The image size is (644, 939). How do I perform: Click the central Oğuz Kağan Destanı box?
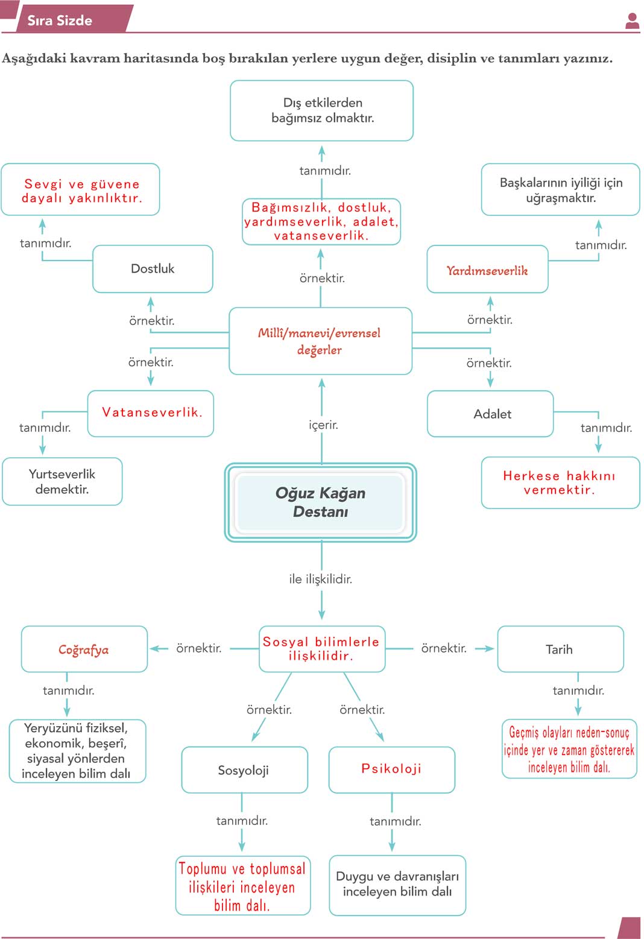(320, 502)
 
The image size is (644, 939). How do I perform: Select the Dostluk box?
(153, 269)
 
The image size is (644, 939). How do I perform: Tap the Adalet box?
(490, 414)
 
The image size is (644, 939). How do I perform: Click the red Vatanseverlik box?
(151, 413)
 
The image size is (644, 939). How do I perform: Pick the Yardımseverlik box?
(487, 270)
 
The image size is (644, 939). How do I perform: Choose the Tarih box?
(560, 650)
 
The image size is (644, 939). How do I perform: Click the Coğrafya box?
(84, 650)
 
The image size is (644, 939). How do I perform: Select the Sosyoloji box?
(244, 770)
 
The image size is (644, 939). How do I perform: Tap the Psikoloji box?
(391, 769)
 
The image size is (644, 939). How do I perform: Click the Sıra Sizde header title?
(60, 21)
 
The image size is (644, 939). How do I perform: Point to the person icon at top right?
(632, 21)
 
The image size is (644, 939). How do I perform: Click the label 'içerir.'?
(323, 425)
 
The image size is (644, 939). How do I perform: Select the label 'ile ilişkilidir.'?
(320, 579)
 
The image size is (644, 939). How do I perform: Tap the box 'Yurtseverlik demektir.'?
(62, 481)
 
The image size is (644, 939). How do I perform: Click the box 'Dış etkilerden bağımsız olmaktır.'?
(322, 110)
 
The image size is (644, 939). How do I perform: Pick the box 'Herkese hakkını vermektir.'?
(560, 482)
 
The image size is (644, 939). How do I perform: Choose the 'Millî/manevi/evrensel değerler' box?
(320, 341)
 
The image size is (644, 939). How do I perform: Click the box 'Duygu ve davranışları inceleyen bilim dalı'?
(397, 884)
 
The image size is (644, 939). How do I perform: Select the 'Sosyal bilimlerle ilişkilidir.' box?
(321, 649)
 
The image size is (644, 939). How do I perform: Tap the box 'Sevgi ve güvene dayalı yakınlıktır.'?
(81, 190)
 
